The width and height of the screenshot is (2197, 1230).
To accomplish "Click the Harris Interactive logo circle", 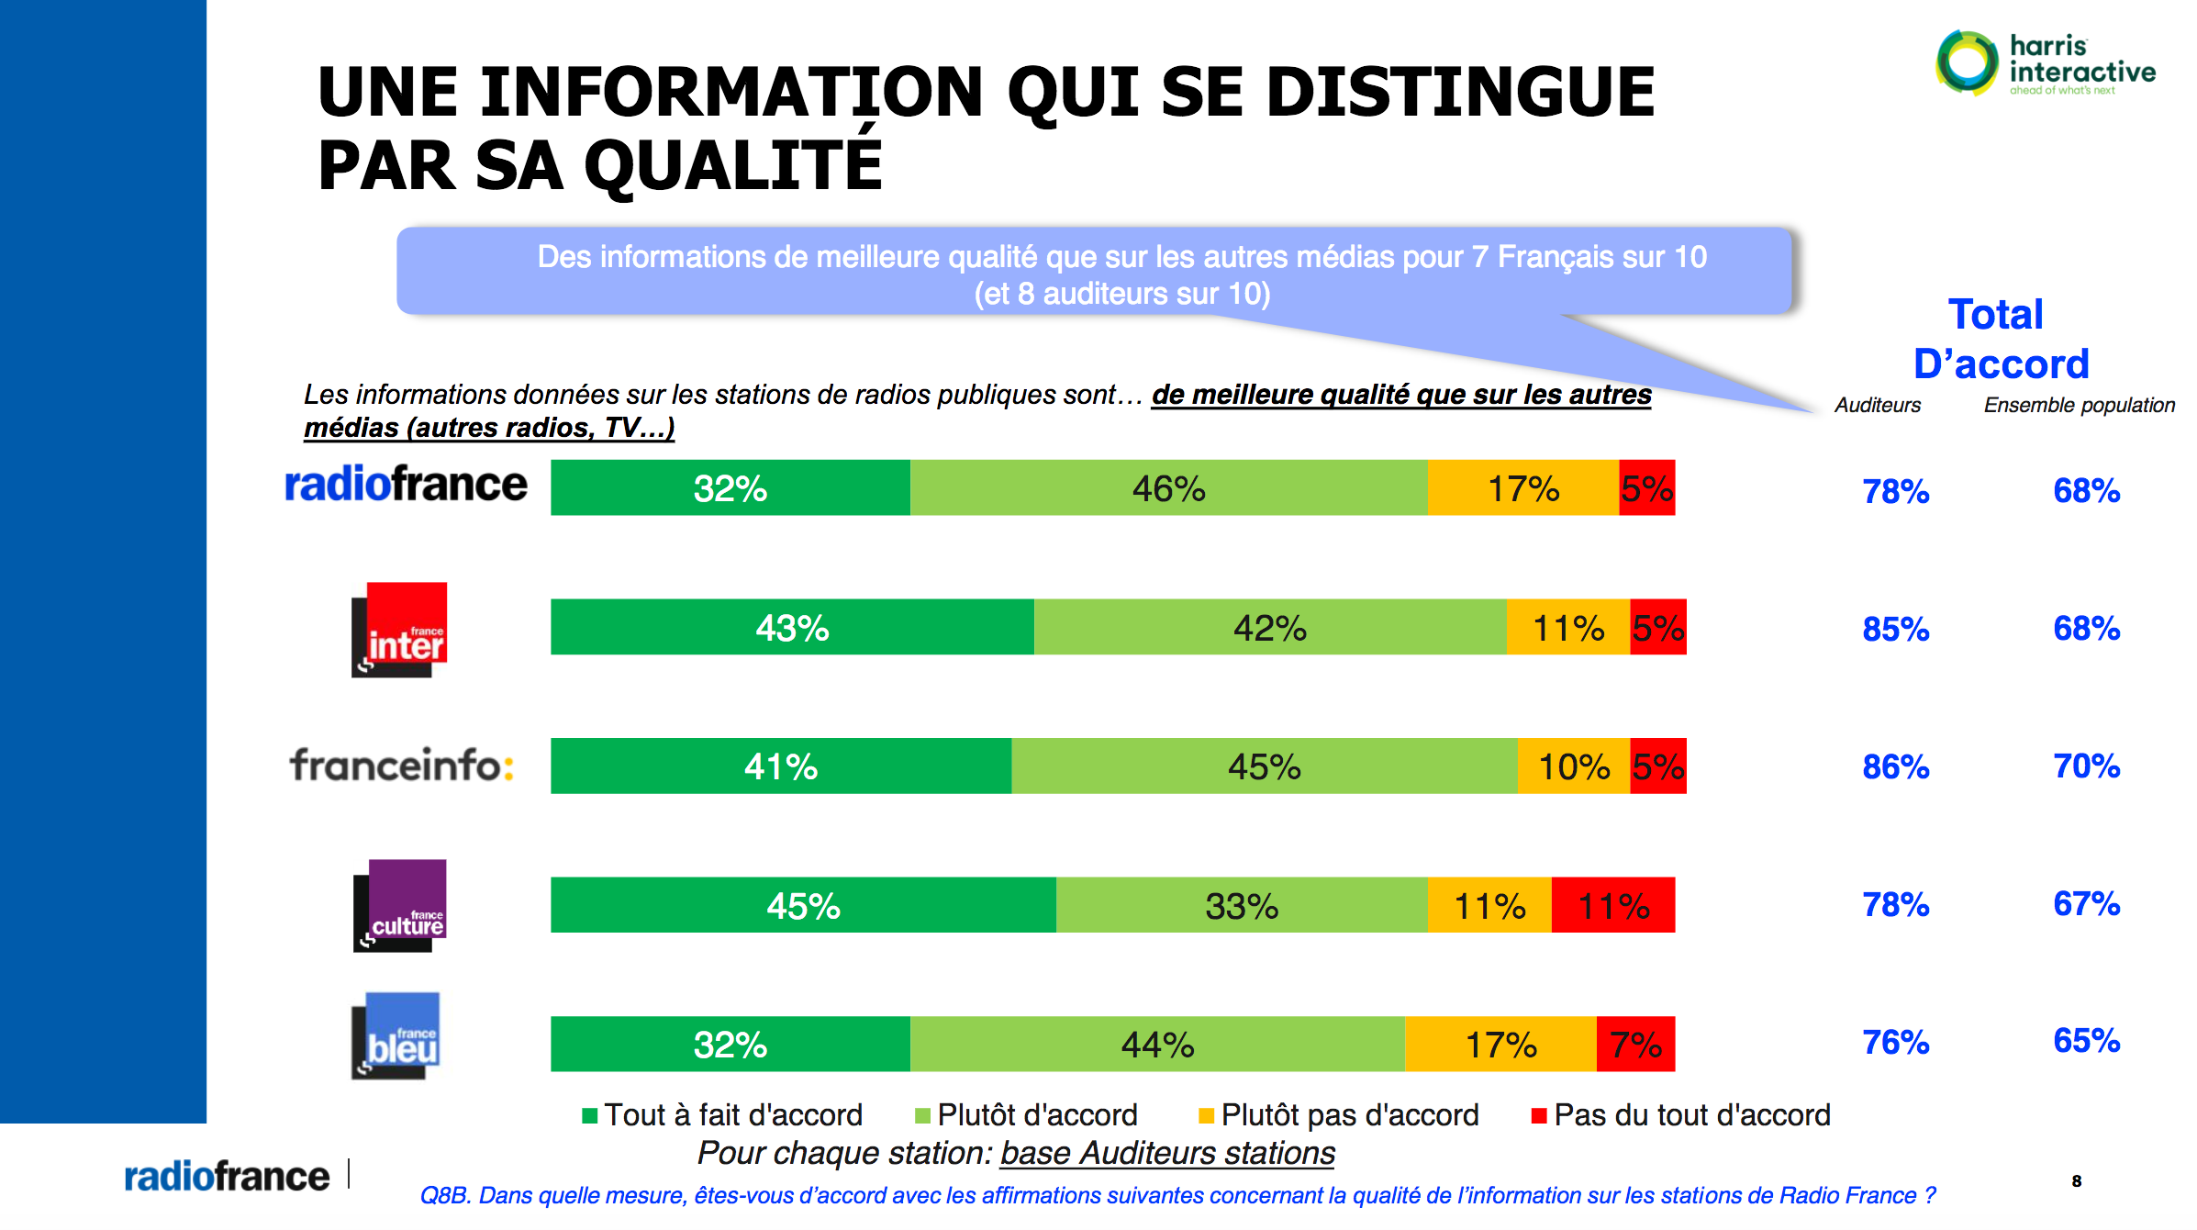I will pos(1966,62).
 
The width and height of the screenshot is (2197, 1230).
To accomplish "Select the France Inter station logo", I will pos(399,630).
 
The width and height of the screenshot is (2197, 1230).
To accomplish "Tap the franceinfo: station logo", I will pos(401,765).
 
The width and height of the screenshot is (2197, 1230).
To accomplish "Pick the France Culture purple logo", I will pos(400,905).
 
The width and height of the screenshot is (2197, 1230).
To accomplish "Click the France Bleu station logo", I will pos(396,1036).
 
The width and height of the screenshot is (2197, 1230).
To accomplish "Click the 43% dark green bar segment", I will pos(792,628).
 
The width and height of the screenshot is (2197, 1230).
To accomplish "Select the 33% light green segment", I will pos(1241,906).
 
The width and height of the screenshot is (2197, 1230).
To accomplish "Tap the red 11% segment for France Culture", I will pos(1612,906).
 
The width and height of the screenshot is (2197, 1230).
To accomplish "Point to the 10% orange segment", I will pos(1573,766).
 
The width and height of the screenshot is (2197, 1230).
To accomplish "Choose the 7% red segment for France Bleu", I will pos(1635,1045).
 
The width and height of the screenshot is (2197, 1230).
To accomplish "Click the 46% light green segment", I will pos(1168,488).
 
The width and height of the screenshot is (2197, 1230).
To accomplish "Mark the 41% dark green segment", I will pos(780,766).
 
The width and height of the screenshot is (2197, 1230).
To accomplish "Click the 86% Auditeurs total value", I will pos(1895,767).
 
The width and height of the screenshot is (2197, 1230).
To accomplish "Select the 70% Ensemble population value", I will pos(2086,766).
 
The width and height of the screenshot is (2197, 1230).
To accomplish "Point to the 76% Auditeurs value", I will pos(1895,1043).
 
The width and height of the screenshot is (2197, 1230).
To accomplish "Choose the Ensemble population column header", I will pos(2079,405).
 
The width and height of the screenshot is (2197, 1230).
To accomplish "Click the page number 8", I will pos(2076,1181).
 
